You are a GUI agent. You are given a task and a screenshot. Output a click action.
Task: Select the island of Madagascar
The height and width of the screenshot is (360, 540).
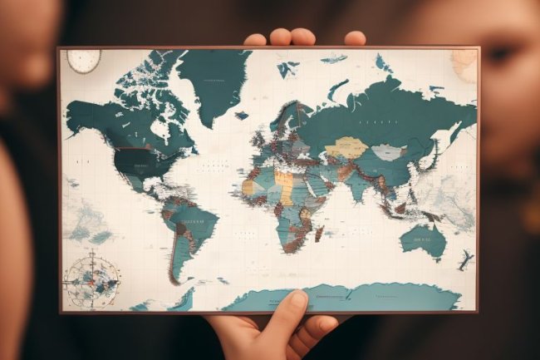319,234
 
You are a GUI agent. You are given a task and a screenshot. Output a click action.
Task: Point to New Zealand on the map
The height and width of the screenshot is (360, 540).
464,260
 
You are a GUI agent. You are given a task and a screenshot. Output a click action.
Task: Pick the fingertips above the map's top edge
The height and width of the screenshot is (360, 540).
302,38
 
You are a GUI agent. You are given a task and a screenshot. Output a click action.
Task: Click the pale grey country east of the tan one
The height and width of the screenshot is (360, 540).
386,152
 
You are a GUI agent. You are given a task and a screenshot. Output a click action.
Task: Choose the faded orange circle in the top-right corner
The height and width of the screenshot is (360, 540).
466,64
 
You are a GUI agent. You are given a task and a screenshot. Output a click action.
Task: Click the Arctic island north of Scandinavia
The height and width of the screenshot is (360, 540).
333,59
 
